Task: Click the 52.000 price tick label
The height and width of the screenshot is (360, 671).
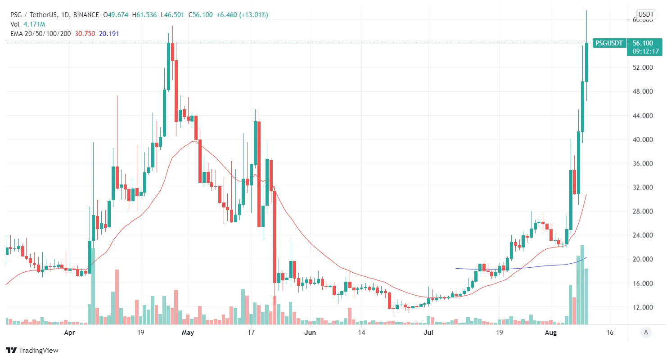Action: [642, 68]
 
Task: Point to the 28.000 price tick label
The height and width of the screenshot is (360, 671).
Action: [642, 211]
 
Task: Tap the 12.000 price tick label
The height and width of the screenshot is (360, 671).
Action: [642, 308]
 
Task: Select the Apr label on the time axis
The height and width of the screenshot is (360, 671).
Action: [69, 333]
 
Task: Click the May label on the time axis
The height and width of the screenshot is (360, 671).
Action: [188, 333]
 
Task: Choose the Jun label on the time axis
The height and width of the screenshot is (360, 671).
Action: [310, 333]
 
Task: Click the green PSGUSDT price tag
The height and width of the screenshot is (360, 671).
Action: [609, 43]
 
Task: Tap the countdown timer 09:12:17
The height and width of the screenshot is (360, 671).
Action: [645, 51]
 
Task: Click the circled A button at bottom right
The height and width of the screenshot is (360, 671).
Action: [646, 333]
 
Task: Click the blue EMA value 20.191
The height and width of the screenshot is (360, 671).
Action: [109, 33]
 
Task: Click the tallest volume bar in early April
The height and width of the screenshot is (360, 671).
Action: [93, 286]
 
